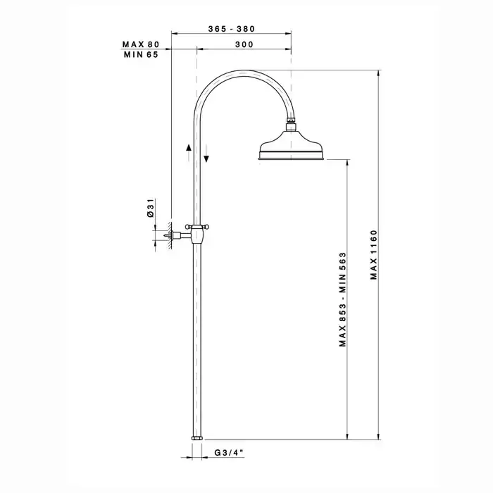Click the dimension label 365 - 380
point(232,29)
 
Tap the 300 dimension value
point(244,44)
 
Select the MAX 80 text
point(141,44)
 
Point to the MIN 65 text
point(141,55)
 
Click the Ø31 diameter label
point(151,208)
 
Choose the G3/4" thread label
point(229,452)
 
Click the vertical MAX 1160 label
point(373,255)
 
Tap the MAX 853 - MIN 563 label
point(343,299)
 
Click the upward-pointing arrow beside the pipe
point(188,152)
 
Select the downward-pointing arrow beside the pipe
point(206,154)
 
